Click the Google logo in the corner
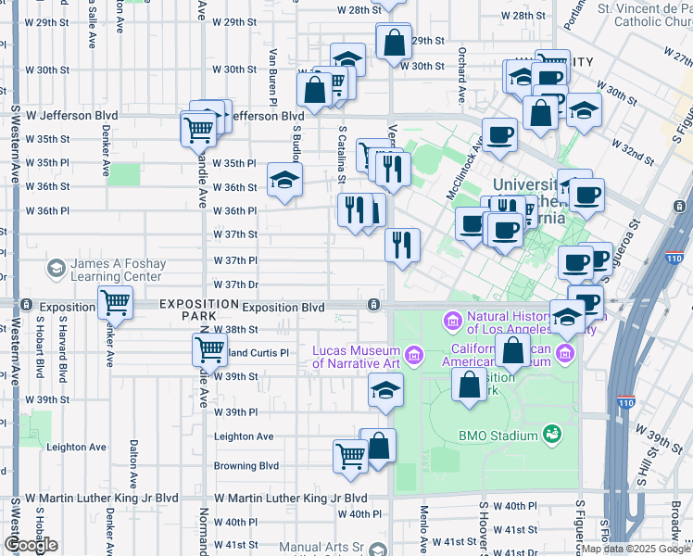pyautogui.click(x=30, y=544)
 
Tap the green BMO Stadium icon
pyautogui.click(x=553, y=434)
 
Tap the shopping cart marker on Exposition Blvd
pyautogui.click(x=115, y=301)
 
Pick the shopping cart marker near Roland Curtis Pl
pyautogui.click(x=209, y=349)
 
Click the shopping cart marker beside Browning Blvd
pyautogui.click(x=350, y=455)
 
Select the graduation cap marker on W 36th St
pyautogui.click(x=284, y=179)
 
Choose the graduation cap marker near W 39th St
pyautogui.click(x=385, y=390)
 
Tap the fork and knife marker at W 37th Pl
pyautogui.click(x=403, y=245)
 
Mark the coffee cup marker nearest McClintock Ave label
pyautogui.click(x=499, y=134)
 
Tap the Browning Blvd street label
pyautogui.click(x=246, y=466)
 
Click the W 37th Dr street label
pyautogui.click(x=234, y=284)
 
